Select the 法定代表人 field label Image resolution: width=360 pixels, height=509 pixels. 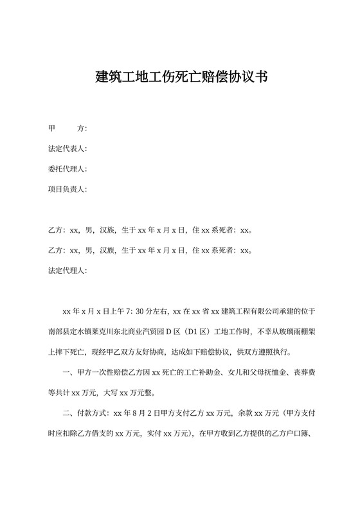pos(67,149)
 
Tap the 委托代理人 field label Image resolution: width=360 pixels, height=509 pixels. pos(67,169)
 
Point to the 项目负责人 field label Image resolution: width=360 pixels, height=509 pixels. pos(67,190)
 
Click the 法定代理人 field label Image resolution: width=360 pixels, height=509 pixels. pos(67,270)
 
